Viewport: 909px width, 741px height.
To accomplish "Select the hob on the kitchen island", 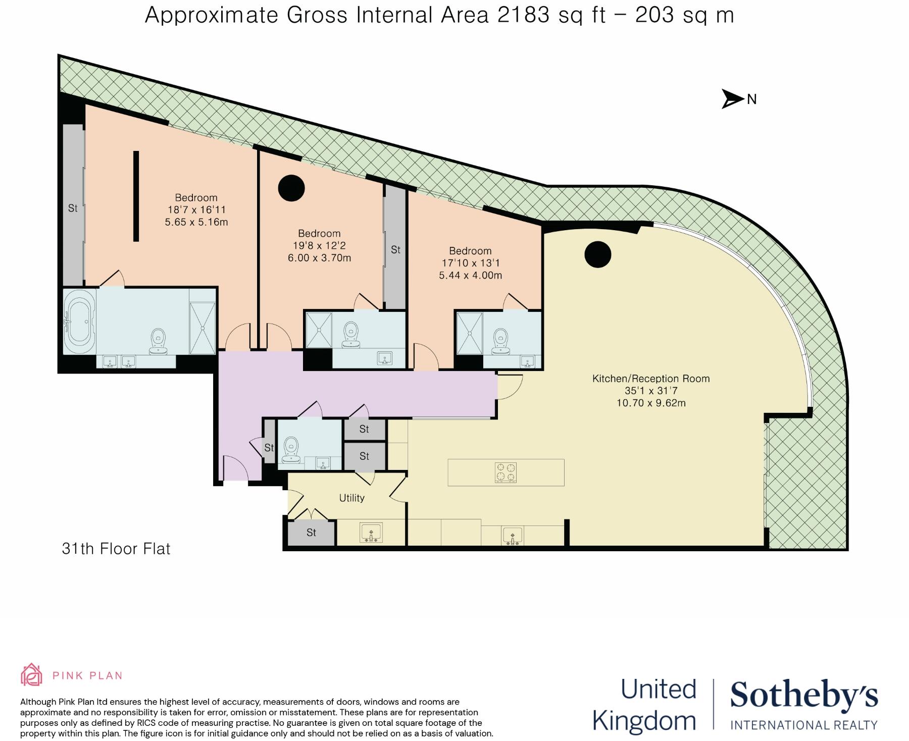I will [x=506, y=472].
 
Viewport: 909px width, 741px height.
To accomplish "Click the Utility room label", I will [x=351, y=498].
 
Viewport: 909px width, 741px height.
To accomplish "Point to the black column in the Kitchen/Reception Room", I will [x=598, y=254].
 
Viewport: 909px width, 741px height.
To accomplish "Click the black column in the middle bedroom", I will [x=291, y=188].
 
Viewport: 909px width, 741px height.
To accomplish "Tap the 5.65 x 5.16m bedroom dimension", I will [x=196, y=222].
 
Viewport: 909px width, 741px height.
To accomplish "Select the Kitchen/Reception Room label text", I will [x=651, y=379].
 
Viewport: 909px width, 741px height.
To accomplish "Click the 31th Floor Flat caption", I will [x=116, y=549].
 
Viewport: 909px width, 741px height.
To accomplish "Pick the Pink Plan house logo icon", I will [x=31, y=675].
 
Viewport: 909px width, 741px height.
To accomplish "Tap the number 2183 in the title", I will [x=523, y=16].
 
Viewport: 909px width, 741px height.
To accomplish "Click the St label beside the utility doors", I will [x=311, y=533].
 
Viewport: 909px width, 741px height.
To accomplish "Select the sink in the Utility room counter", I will [x=371, y=533].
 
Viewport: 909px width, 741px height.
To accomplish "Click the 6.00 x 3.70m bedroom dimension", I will [x=319, y=258].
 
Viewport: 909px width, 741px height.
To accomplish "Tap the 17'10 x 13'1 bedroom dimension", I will [x=470, y=263].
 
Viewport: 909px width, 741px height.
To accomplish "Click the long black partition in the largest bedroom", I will [x=136, y=196].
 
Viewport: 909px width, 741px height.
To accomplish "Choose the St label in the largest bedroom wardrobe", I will [x=73, y=208].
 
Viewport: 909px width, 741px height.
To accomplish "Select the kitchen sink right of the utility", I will [x=513, y=535].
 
